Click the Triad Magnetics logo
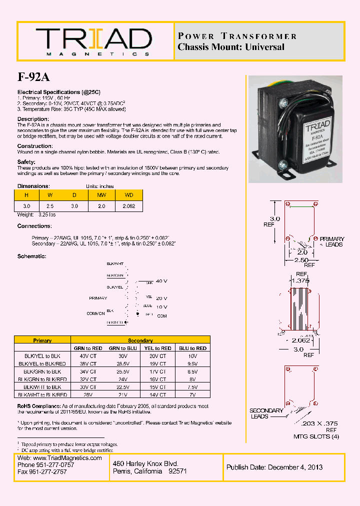[x=93, y=41]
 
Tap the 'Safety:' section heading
[x=26, y=162]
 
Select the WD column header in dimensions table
[x=129, y=195]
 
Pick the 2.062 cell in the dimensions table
[x=129, y=205]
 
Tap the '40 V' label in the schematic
[x=161, y=281]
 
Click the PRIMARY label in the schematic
[x=98, y=298]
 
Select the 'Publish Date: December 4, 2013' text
[x=274, y=467]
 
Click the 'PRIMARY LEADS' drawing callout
[x=331, y=242]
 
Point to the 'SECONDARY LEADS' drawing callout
[x=266, y=413]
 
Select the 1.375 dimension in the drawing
[x=300, y=280]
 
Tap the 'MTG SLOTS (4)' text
[x=316, y=436]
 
